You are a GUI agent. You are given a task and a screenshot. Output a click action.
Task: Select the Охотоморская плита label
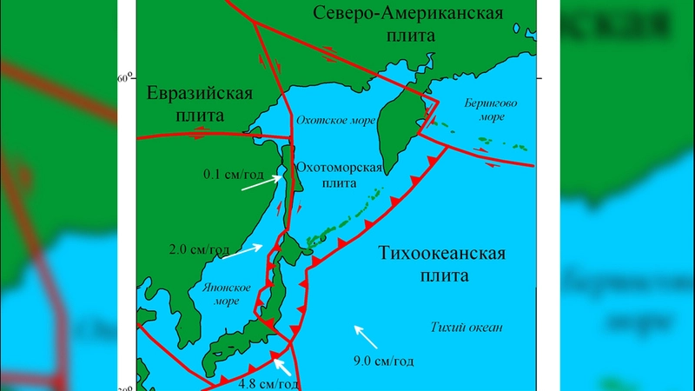[339, 175]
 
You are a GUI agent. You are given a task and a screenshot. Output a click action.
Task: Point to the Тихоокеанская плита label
[441, 265]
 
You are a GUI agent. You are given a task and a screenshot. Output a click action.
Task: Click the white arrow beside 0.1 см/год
[262, 182]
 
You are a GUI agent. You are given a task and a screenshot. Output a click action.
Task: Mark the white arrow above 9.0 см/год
[366, 336]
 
